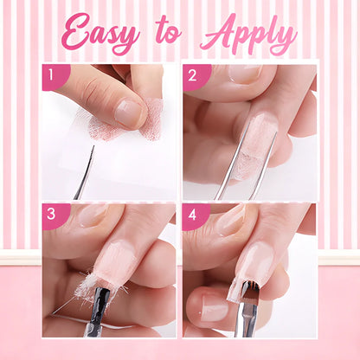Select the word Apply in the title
247,36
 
